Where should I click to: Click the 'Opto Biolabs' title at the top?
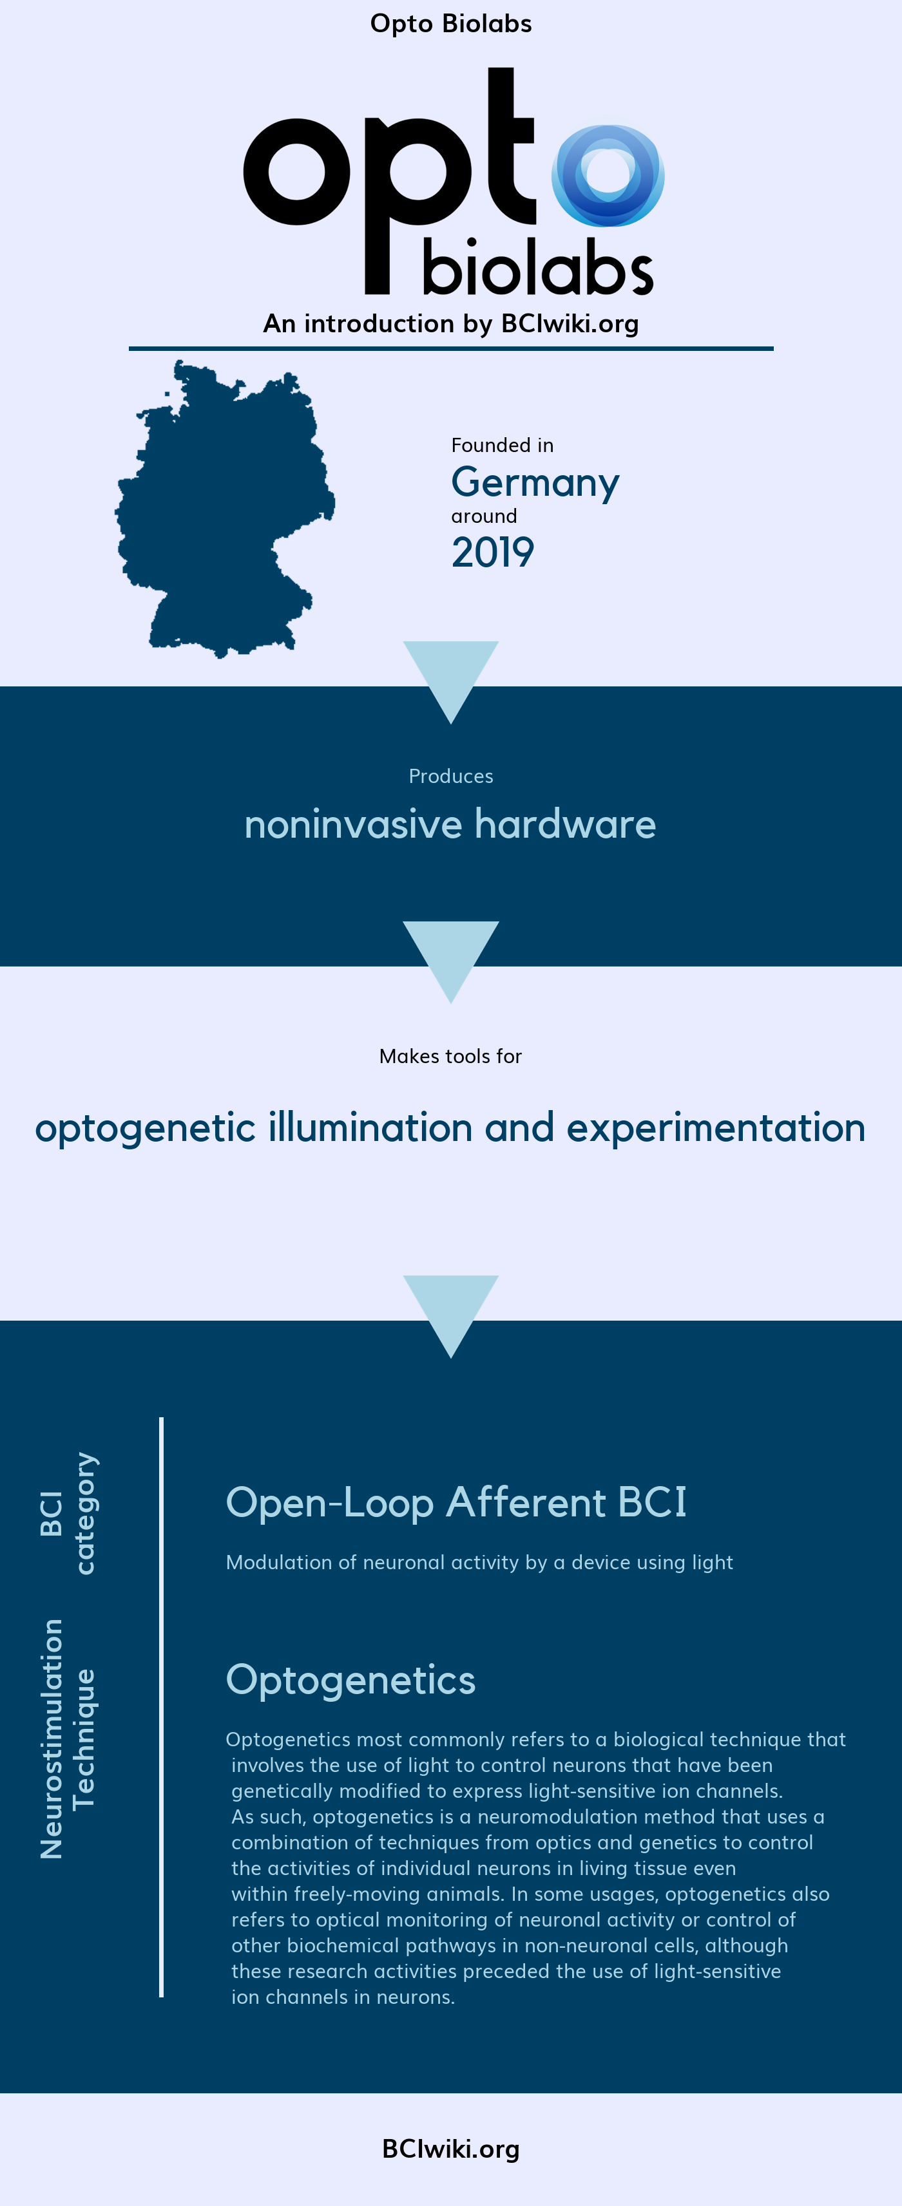pyautogui.click(x=450, y=24)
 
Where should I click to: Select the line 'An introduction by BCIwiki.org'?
pyautogui.click(x=450, y=324)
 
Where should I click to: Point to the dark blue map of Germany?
pyautogui.click(x=224, y=509)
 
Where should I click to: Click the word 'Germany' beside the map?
pyautogui.click(x=535, y=483)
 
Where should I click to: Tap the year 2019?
pyautogui.click(x=492, y=552)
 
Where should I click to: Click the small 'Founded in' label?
pyautogui.click(x=503, y=446)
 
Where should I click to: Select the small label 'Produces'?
pyautogui.click(x=450, y=776)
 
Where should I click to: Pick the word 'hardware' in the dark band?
pyautogui.click(x=565, y=824)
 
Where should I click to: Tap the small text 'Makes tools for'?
pyautogui.click(x=450, y=1056)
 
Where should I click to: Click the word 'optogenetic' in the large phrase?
pyautogui.click(x=145, y=1129)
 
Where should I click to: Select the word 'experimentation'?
pyautogui.click(x=716, y=1129)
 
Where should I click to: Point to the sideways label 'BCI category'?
pyautogui.click(x=68, y=1513)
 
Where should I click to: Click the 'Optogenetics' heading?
pyautogui.click(x=350, y=1680)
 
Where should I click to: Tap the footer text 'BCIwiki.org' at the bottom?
pyautogui.click(x=450, y=2149)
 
